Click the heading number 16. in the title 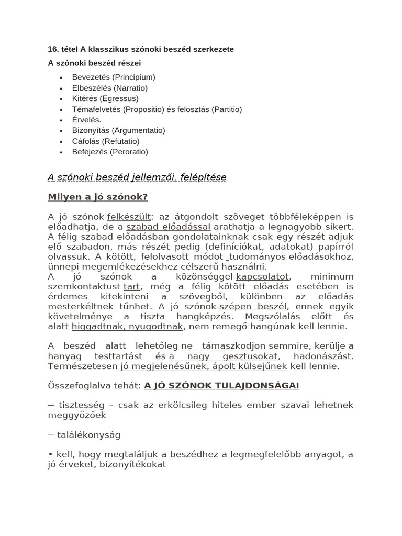coord(53,49)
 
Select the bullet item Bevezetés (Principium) coord(114,77)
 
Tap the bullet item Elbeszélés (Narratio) coord(110,88)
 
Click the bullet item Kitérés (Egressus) coord(105,98)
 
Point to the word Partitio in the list coord(226,109)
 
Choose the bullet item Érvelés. coord(87,120)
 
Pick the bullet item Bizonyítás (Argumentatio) coord(118,130)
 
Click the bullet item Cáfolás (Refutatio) coord(106,141)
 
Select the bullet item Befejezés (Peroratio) coord(110,152)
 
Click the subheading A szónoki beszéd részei coord(94,63)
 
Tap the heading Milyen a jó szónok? coord(98,197)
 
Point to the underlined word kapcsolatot coord(263,276)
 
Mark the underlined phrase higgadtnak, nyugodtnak coord(127,326)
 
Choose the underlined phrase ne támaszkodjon coord(224,346)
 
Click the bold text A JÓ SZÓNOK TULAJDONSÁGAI coord(221,385)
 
